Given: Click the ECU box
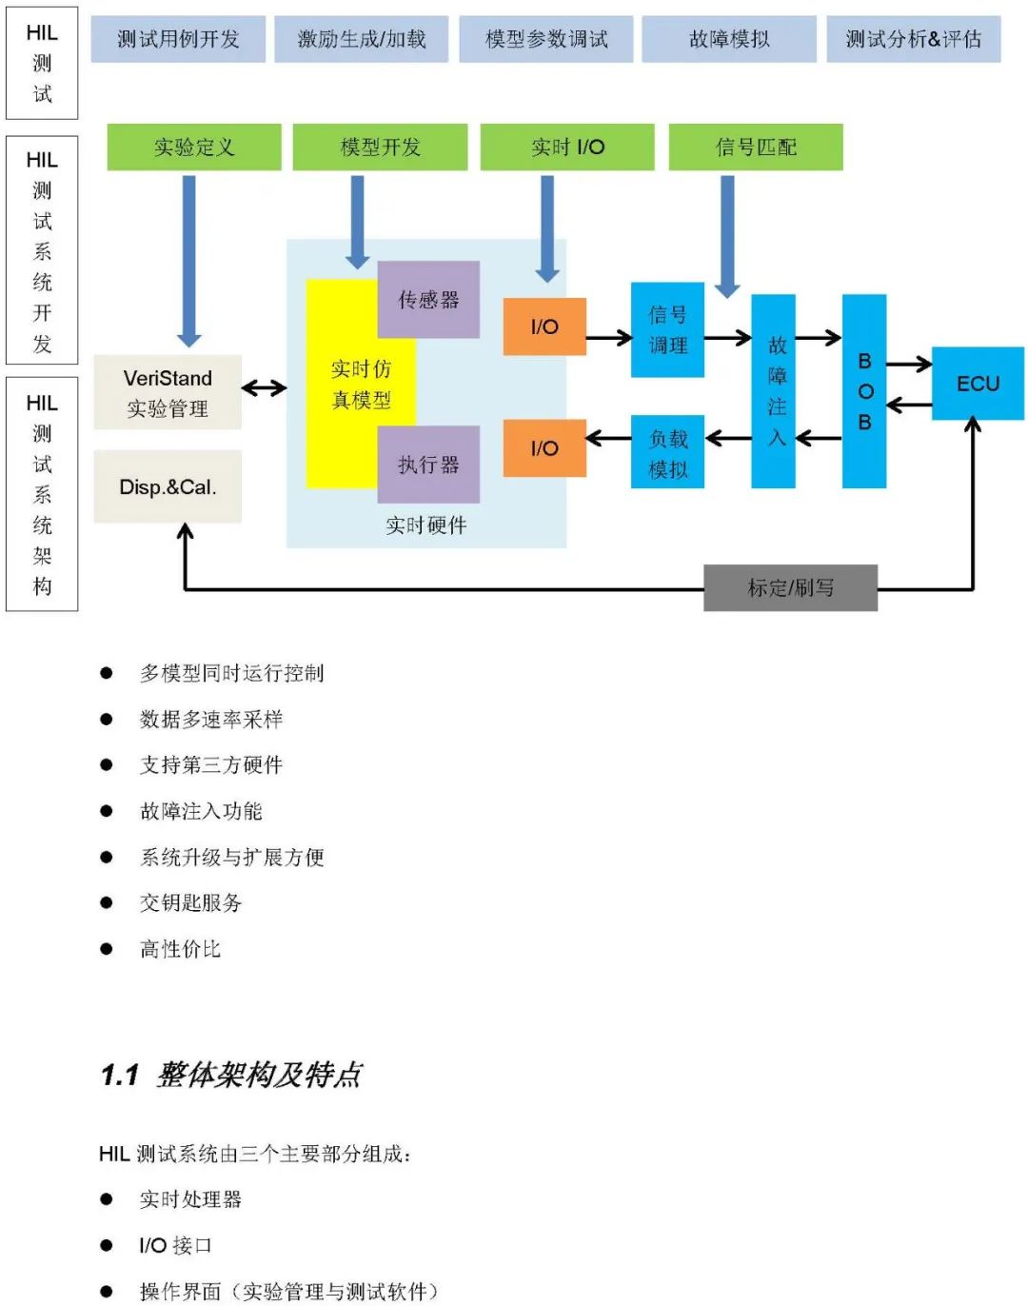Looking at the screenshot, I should coord(978,384).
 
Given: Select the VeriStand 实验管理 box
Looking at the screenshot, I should coord(168,392).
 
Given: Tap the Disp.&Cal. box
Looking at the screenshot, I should coord(168,486).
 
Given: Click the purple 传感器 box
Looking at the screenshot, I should coord(428,299).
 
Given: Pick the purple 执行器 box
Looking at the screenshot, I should coord(428,464).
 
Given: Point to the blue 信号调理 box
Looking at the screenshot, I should coord(667,329).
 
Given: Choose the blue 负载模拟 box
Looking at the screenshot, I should coord(667,452).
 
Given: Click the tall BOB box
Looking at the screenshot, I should coord(864,391).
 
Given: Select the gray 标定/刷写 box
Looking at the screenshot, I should coord(790,587).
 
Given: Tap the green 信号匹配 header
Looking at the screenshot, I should coord(756,148).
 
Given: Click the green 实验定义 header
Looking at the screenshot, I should coord(194,148).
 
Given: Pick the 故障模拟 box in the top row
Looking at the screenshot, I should coord(729,39).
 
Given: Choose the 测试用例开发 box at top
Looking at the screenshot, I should coord(178,39).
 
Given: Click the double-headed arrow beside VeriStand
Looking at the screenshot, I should coord(264,387).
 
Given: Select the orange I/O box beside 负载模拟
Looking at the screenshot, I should coord(544,447).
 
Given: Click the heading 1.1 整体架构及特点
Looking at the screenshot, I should coord(231,1075).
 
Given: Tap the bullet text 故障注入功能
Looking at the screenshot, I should coord(201,811).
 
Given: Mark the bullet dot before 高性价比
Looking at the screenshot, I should coord(107,949).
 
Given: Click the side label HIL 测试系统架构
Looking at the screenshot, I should coord(42,494).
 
